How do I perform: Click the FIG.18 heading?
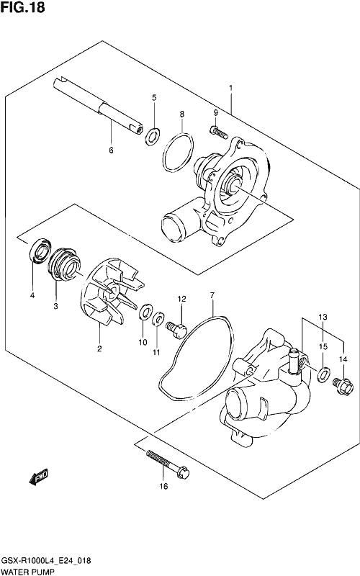point(23,8)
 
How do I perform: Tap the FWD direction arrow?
point(38,477)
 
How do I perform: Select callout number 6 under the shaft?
point(111,150)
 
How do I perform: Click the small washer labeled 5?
point(153,136)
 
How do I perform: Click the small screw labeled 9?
point(217,131)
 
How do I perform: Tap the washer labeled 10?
point(146,312)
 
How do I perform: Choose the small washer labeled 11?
point(158,318)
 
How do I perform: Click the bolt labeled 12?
point(176,330)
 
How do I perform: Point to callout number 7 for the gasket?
point(212,295)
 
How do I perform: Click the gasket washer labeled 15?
point(323,374)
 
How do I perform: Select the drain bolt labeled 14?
point(343,386)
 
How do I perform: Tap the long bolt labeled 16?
point(168,464)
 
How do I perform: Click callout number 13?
point(323,317)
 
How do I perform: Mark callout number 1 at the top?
point(230,88)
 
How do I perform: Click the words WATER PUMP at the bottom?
point(27,572)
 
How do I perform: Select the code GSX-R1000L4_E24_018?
point(47,561)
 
